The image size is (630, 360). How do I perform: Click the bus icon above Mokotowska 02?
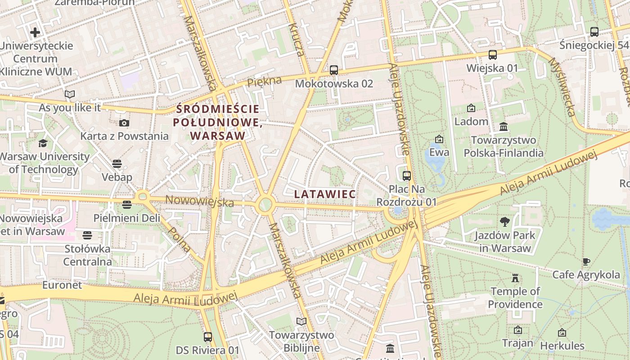point(333,70)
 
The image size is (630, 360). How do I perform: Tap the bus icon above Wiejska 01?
point(493,55)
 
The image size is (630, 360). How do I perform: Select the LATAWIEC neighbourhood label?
point(325,194)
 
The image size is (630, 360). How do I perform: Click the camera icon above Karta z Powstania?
point(124,123)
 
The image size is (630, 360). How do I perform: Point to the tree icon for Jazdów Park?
point(505,221)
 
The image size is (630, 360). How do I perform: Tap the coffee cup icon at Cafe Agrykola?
point(586,261)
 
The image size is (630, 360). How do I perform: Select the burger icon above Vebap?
point(117,163)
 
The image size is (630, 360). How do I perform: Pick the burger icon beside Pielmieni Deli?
point(127,205)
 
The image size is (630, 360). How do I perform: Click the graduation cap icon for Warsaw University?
point(43,143)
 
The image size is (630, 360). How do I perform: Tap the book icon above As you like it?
point(69,94)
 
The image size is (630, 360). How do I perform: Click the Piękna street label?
point(265,81)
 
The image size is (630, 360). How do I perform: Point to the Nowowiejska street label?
point(200,201)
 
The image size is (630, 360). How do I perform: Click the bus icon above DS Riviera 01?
point(208,337)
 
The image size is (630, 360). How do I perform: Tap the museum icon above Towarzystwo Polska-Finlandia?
point(504,127)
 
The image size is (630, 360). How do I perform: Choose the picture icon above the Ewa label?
point(439,139)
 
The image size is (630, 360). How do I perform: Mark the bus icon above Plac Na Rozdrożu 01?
point(406,175)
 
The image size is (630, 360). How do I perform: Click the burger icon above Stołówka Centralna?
point(87,235)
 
